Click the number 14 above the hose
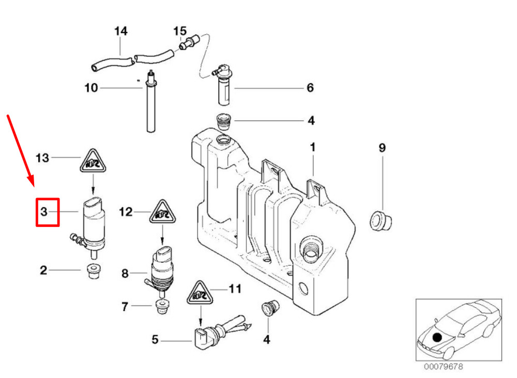pos(120,32)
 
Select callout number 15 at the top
pos(180,32)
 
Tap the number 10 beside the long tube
pos(92,88)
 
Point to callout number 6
pos(310,88)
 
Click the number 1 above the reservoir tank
pos(313,147)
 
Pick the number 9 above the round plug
pos(382,147)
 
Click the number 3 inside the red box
pos(44,211)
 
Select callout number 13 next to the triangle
pos(42,158)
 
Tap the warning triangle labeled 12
pos(162,211)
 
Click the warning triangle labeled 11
pos(200,293)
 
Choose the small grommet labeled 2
pos(93,271)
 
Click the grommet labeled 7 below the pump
pos(161,307)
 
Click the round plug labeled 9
pos(381,220)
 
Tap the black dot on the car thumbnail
pos(437,338)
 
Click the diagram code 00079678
pos(443,367)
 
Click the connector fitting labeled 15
pos(188,42)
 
